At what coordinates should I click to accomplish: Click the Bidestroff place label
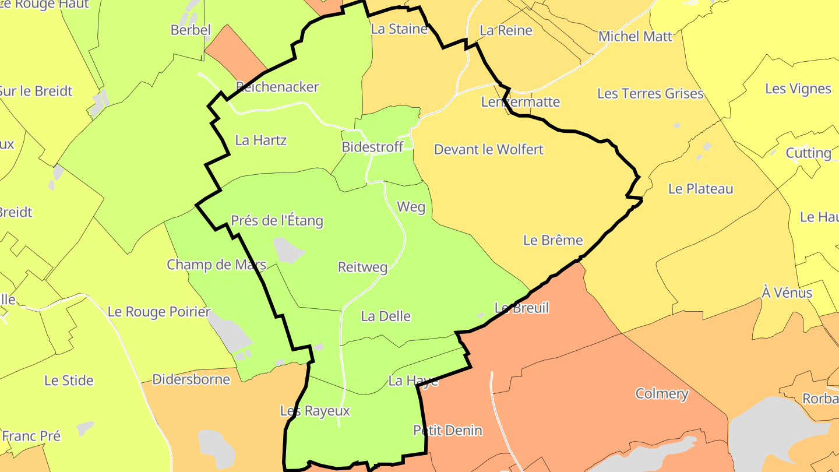click(372, 147)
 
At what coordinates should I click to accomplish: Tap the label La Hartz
click(260, 140)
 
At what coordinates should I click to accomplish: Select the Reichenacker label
click(277, 87)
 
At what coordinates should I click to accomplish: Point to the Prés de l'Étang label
click(277, 221)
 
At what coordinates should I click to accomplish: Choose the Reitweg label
click(362, 267)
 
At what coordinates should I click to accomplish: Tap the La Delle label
click(386, 316)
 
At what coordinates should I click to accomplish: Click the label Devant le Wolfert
click(488, 150)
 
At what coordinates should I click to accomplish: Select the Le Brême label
click(553, 240)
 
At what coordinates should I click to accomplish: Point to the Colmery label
click(662, 394)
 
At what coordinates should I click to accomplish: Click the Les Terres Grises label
click(650, 94)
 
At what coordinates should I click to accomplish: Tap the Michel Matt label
click(635, 37)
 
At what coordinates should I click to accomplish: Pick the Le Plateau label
click(700, 189)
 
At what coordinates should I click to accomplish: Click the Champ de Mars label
click(216, 265)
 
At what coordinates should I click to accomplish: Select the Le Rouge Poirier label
click(159, 312)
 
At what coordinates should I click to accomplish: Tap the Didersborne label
click(191, 380)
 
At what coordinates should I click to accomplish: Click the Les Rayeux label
click(315, 411)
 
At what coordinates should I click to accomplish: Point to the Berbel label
click(191, 30)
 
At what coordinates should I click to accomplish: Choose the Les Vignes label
click(798, 89)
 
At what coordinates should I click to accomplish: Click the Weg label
click(411, 207)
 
